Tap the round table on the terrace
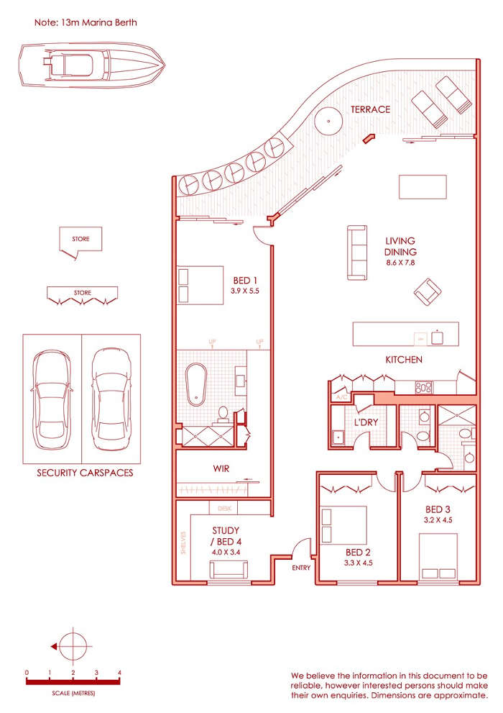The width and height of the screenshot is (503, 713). click(328, 121)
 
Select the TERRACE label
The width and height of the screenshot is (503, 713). click(371, 109)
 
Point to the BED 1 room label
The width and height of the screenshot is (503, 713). click(245, 281)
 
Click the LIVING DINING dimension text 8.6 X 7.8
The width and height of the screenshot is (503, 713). click(400, 263)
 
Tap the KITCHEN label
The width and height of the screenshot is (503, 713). click(404, 360)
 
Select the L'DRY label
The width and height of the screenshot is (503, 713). click(366, 422)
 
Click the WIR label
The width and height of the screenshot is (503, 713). click(221, 468)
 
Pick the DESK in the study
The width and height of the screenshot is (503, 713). click(224, 507)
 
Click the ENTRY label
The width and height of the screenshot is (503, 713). click(301, 568)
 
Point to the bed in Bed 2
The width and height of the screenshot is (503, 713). click(343, 524)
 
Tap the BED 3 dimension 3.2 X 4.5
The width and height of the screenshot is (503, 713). click(438, 520)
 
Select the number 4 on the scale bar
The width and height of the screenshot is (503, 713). click(120, 673)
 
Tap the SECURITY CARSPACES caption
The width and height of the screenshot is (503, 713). click(85, 473)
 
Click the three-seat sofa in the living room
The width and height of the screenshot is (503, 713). click(357, 253)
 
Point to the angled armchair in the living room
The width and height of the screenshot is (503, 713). click(428, 292)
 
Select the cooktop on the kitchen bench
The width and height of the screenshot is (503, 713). click(424, 388)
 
